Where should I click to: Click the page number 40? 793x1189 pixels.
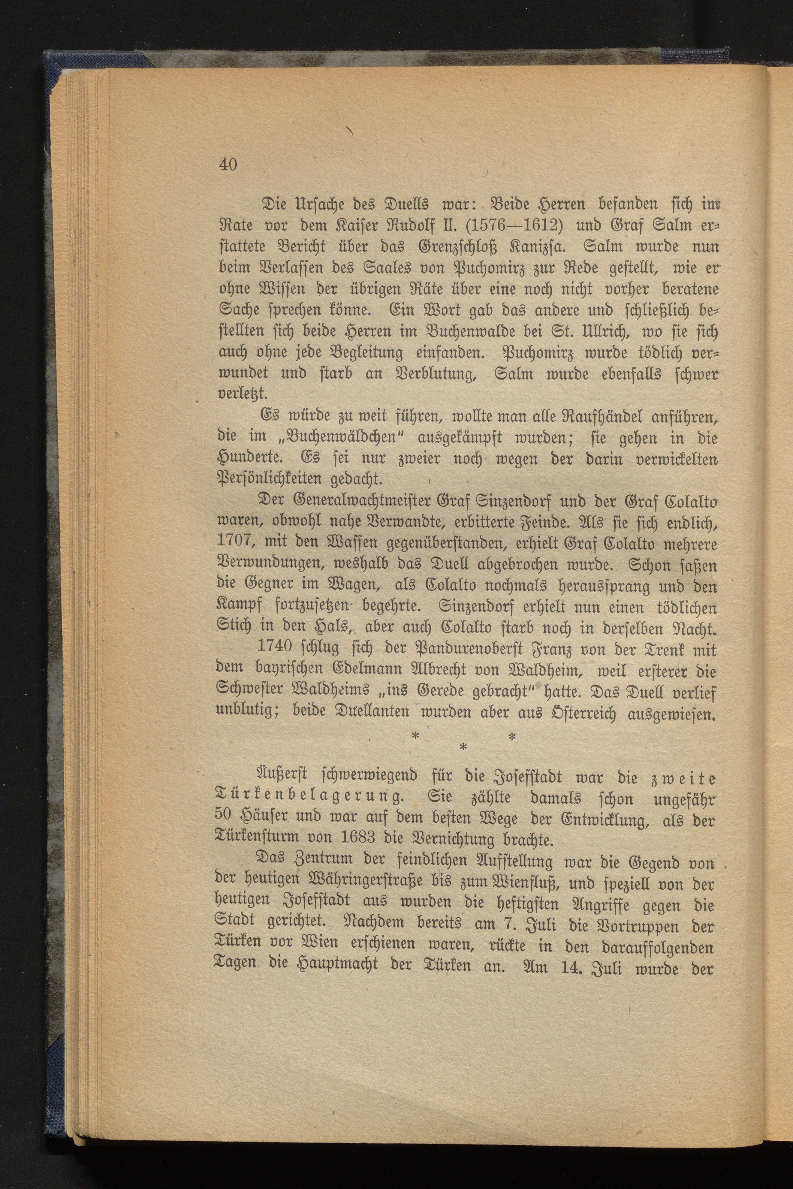pos(228,165)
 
